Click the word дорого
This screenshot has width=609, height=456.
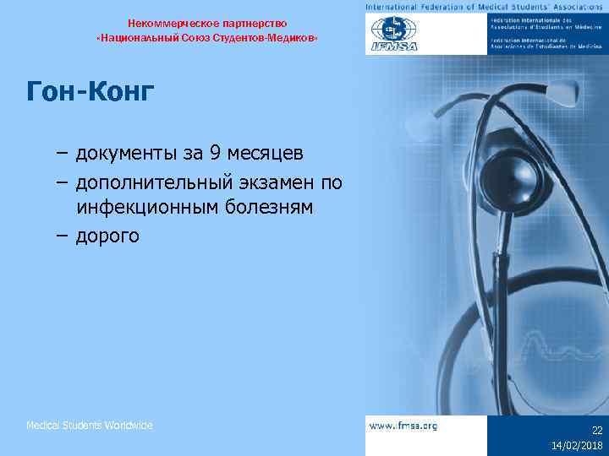[x=107, y=236]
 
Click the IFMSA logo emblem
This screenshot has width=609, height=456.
[x=395, y=34]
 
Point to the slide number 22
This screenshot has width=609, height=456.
[x=597, y=430]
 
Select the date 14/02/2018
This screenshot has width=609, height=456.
[x=578, y=445]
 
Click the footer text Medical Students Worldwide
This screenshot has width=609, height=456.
[x=90, y=426]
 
